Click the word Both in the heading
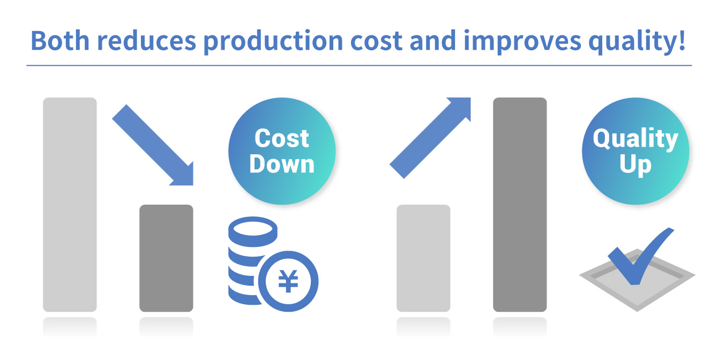point(60,41)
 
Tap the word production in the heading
point(273,42)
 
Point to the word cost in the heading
point(376,41)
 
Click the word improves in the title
point(522,42)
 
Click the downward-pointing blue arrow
point(153,145)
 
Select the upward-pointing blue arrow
point(430,138)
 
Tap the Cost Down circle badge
point(282,151)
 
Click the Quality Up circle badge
point(635,151)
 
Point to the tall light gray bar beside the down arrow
point(70,205)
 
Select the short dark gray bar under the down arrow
point(166,258)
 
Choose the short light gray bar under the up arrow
point(423,258)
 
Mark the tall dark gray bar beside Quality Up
point(520,205)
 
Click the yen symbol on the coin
point(288,281)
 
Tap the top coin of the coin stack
point(253,231)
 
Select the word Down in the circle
point(282,164)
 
